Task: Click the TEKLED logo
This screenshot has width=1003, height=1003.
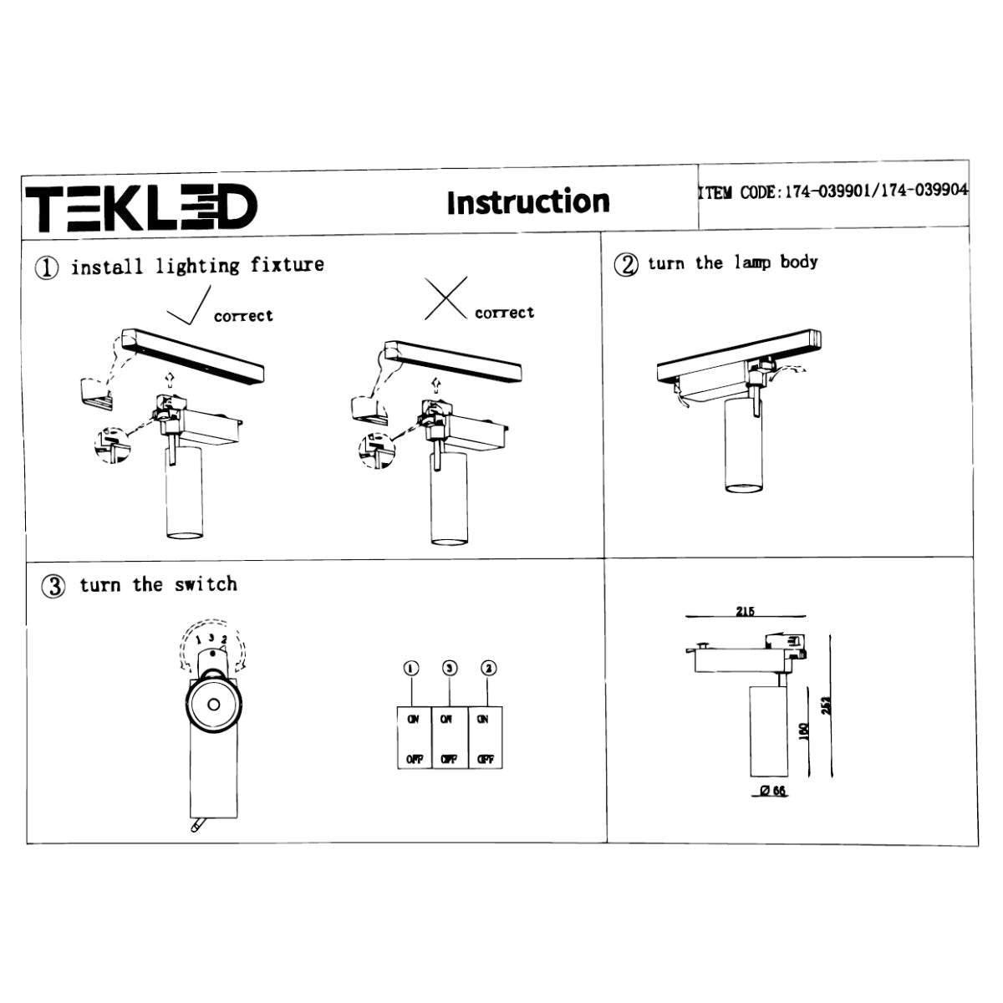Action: (x=141, y=207)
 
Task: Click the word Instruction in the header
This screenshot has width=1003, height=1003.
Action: (x=527, y=202)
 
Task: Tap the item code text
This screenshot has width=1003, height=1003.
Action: (x=832, y=191)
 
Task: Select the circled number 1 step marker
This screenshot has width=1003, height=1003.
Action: (x=47, y=267)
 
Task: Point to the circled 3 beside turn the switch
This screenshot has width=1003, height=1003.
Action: (x=53, y=586)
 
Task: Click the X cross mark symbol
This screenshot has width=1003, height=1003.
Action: (x=445, y=299)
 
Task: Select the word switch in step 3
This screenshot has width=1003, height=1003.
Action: (x=206, y=584)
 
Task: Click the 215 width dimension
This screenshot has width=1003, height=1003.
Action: (x=745, y=611)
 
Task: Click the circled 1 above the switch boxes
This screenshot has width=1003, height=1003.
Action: (x=410, y=668)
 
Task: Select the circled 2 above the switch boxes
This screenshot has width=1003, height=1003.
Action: (x=489, y=668)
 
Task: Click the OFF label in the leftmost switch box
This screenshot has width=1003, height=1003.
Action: (x=414, y=759)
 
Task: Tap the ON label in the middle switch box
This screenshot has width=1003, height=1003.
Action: (x=446, y=719)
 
